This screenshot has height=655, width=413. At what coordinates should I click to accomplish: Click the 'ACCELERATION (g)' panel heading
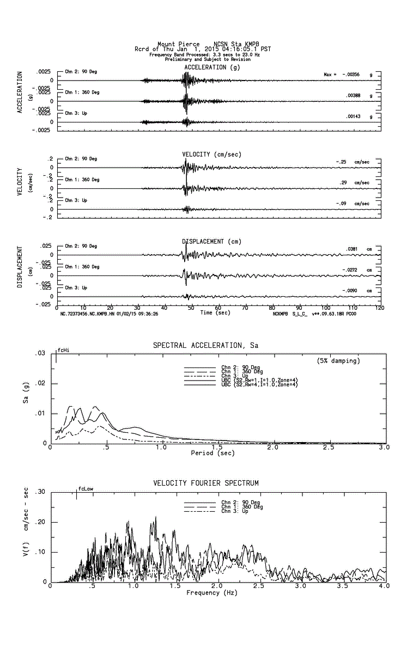[x=212, y=67]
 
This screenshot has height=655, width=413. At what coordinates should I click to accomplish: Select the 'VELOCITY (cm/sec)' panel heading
[x=211, y=154]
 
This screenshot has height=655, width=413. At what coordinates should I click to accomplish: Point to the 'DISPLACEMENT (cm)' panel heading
[x=211, y=241]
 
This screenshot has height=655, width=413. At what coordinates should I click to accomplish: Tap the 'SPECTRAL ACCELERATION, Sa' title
[x=206, y=345]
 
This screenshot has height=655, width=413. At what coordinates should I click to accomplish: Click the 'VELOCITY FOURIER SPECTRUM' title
[x=206, y=483]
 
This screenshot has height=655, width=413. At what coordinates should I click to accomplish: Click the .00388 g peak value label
[x=354, y=95]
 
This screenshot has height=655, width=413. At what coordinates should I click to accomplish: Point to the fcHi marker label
[x=63, y=350]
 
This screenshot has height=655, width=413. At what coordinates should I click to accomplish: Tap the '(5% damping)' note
[x=338, y=360]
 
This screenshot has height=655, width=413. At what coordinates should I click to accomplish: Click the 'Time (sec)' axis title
[x=215, y=313]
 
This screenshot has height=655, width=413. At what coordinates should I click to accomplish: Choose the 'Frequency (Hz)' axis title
[x=212, y=592]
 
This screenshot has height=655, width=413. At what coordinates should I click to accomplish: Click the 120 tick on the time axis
[x=379, y=308]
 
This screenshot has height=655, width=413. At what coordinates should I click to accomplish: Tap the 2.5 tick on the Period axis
[x=329, y=448]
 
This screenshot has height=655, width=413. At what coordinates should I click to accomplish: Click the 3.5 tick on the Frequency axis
[x=342, y=586]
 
